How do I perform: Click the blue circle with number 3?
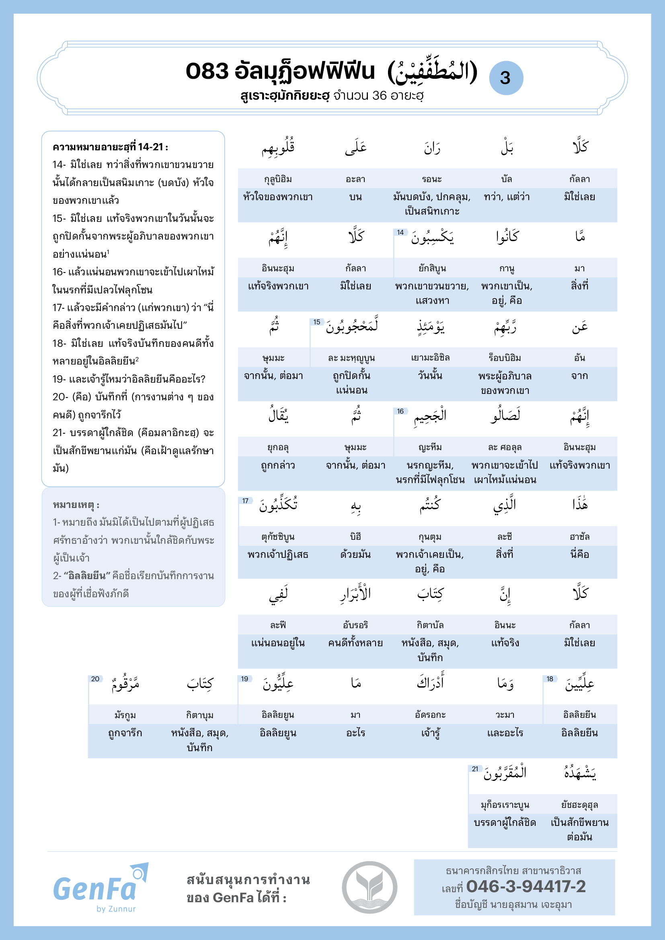(506, 78)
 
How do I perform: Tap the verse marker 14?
(400, 233)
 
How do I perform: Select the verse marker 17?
(245, 501)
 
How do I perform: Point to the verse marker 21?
(475, 769)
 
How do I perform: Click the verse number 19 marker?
(244, 679)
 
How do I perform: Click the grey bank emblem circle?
(369, 887)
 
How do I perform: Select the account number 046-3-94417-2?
(526, 887)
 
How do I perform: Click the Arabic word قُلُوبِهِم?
(278, 148)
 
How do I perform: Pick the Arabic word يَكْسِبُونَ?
(433, 238)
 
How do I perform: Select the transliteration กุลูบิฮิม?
(278, 179)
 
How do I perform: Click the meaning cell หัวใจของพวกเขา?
(278, 197)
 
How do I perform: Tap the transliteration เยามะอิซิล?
(430, 358)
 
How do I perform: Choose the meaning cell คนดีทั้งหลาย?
(355, 643)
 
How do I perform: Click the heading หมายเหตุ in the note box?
(76, 505)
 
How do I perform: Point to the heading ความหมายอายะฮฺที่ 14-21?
(110, 147)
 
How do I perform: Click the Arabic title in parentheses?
(433, 72)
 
